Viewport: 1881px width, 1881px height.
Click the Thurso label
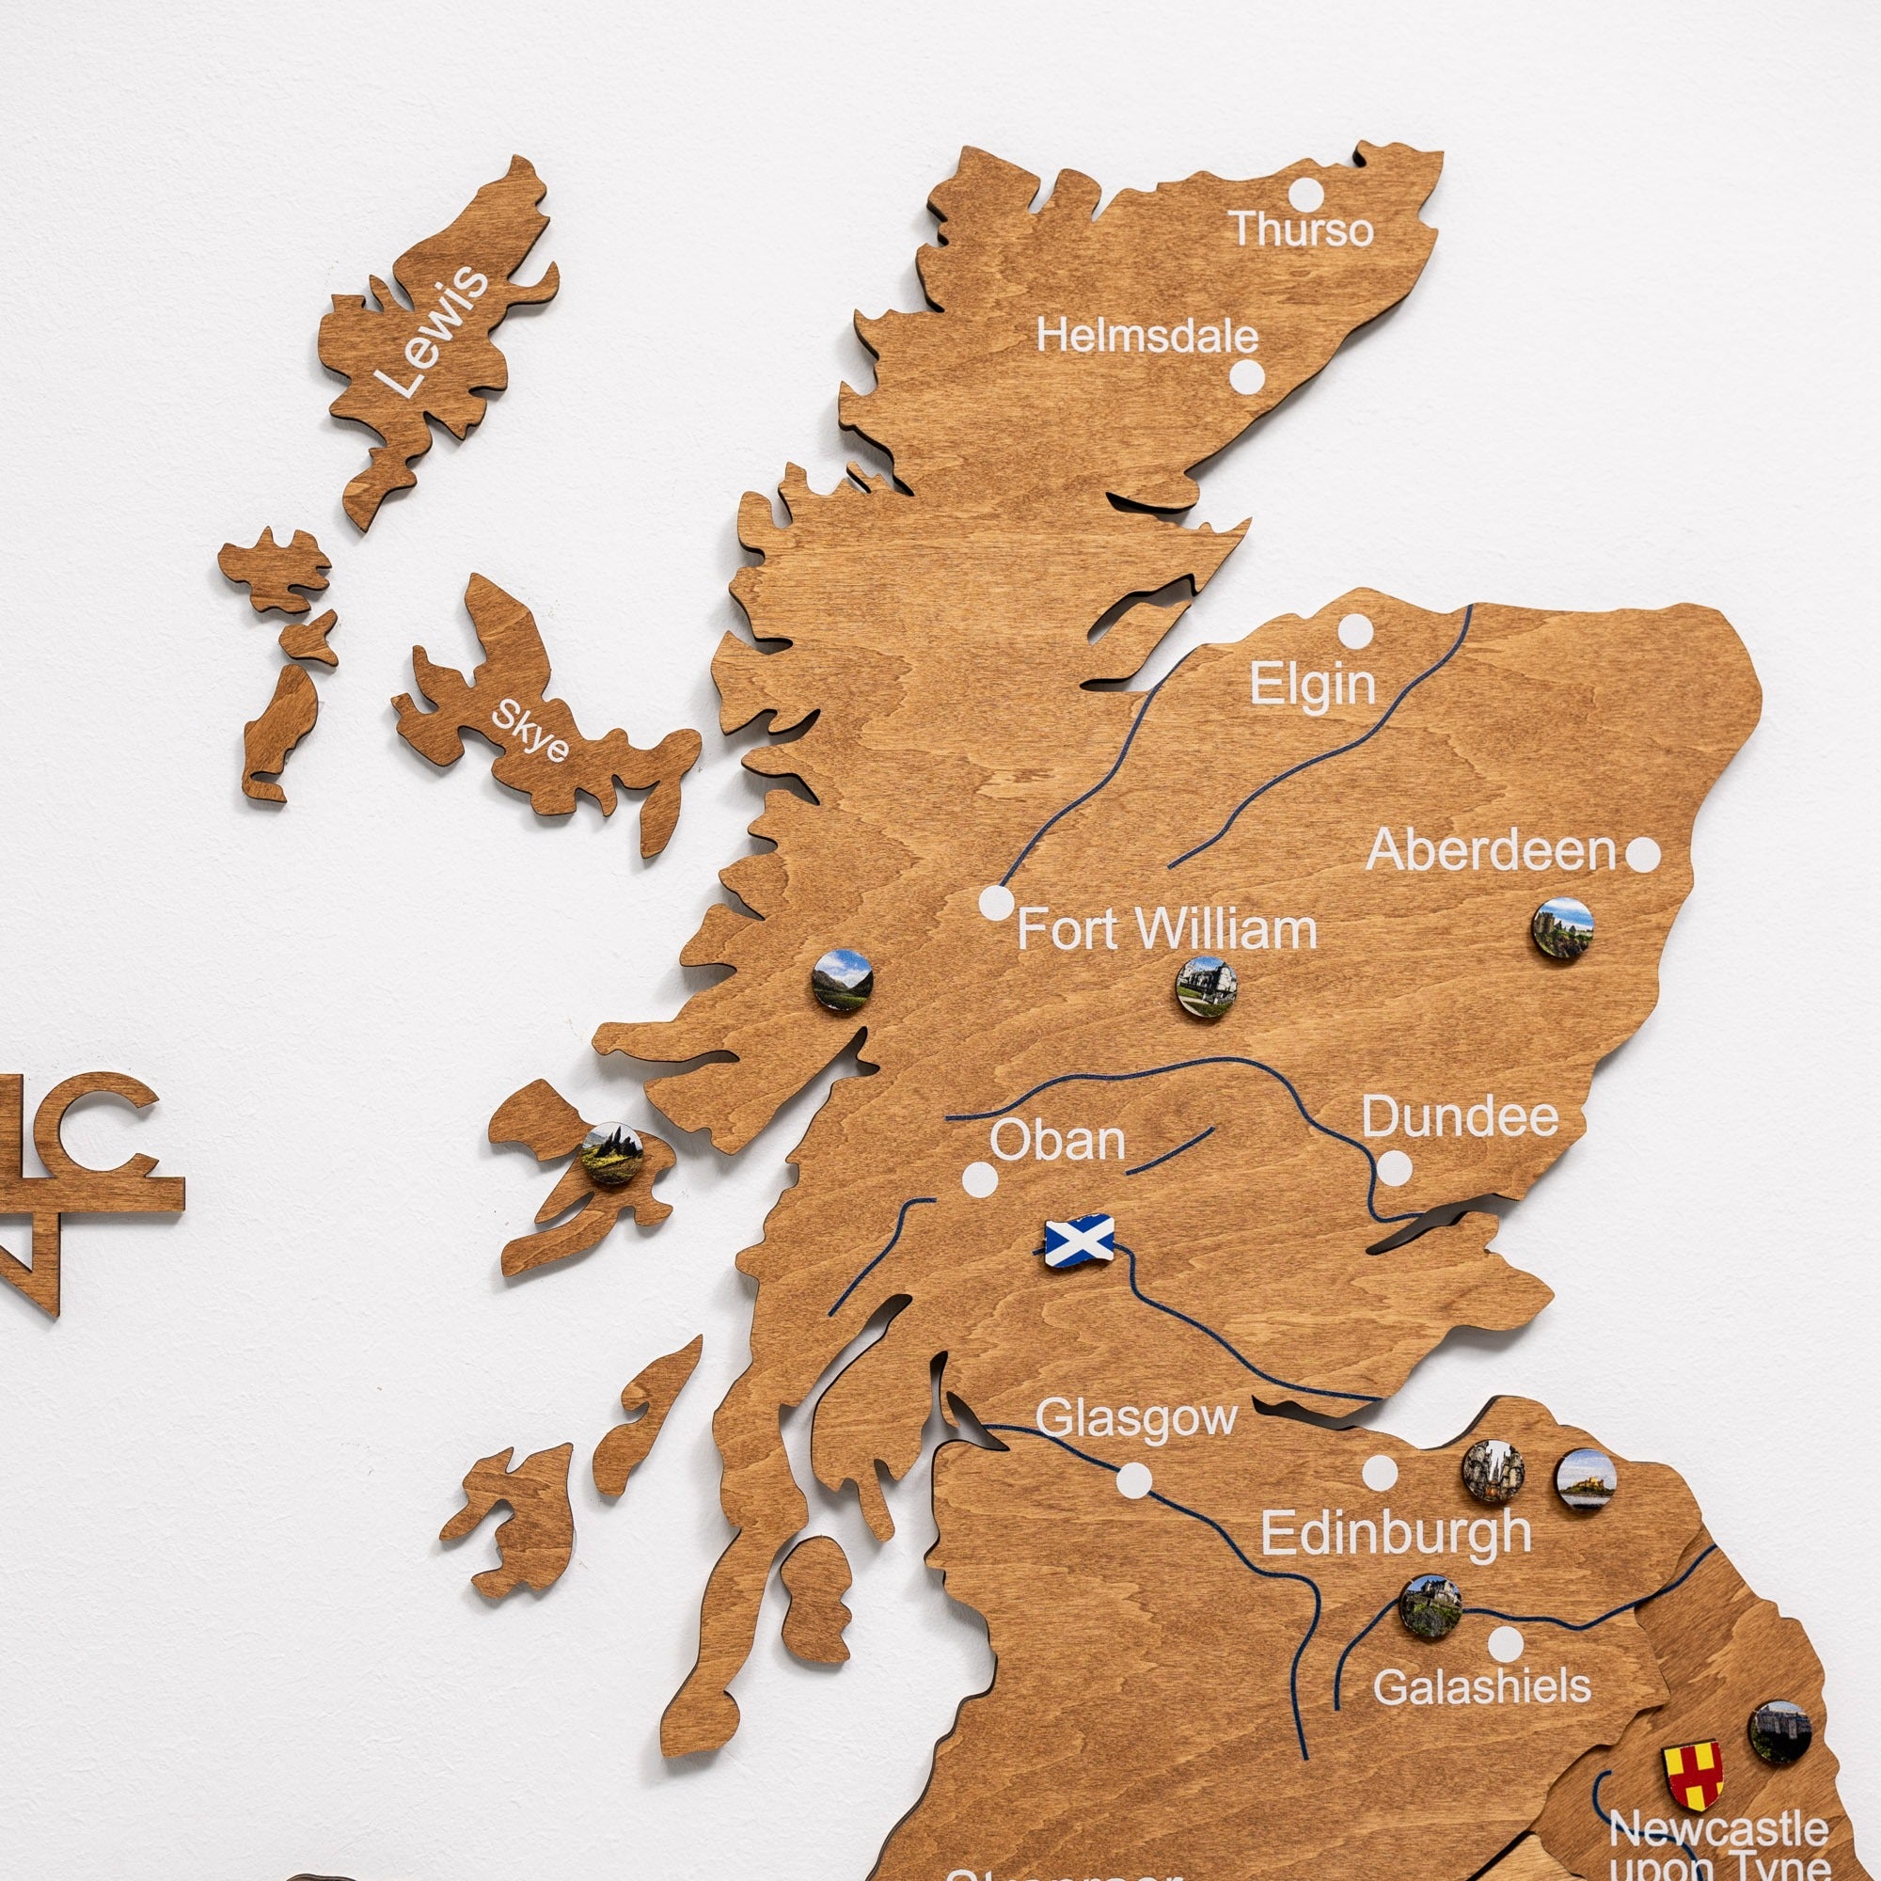tap(1303, 229)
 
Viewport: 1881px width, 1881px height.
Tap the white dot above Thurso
tap(1306, 194)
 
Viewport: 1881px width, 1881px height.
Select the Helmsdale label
tap(1146, 337)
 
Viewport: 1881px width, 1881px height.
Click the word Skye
tap(530, 730)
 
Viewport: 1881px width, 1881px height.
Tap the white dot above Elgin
tap(1353, 632)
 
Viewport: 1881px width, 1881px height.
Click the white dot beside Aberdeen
tap(1643, 855)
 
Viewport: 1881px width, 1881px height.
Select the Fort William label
tap(1166, 930)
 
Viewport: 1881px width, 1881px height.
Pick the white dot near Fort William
tap(995, 903)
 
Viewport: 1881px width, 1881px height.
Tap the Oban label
tap(1057, 1140)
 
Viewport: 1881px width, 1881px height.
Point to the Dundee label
tap(1460, 1116)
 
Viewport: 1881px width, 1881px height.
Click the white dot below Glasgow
tap(1133, 1481)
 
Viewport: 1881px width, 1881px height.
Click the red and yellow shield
tap(1693, 1775)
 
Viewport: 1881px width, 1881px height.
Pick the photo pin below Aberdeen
tap(1562, 928)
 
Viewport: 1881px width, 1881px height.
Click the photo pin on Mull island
tap(611, 1155)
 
